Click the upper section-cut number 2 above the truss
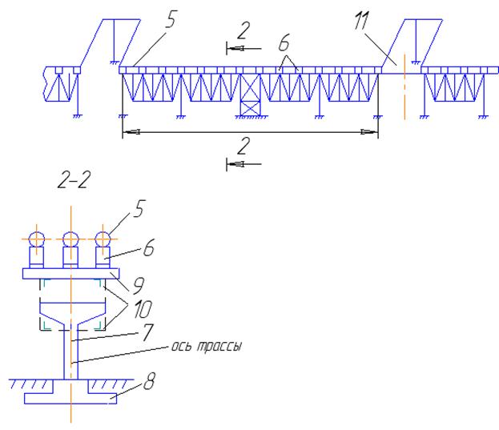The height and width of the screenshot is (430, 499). [x=243, y=30]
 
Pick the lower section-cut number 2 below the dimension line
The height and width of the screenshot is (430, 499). [x=243, y=147]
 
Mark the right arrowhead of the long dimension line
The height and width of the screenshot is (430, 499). [x=372, y=132]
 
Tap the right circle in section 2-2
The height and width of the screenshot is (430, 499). [x=102, y=239]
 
